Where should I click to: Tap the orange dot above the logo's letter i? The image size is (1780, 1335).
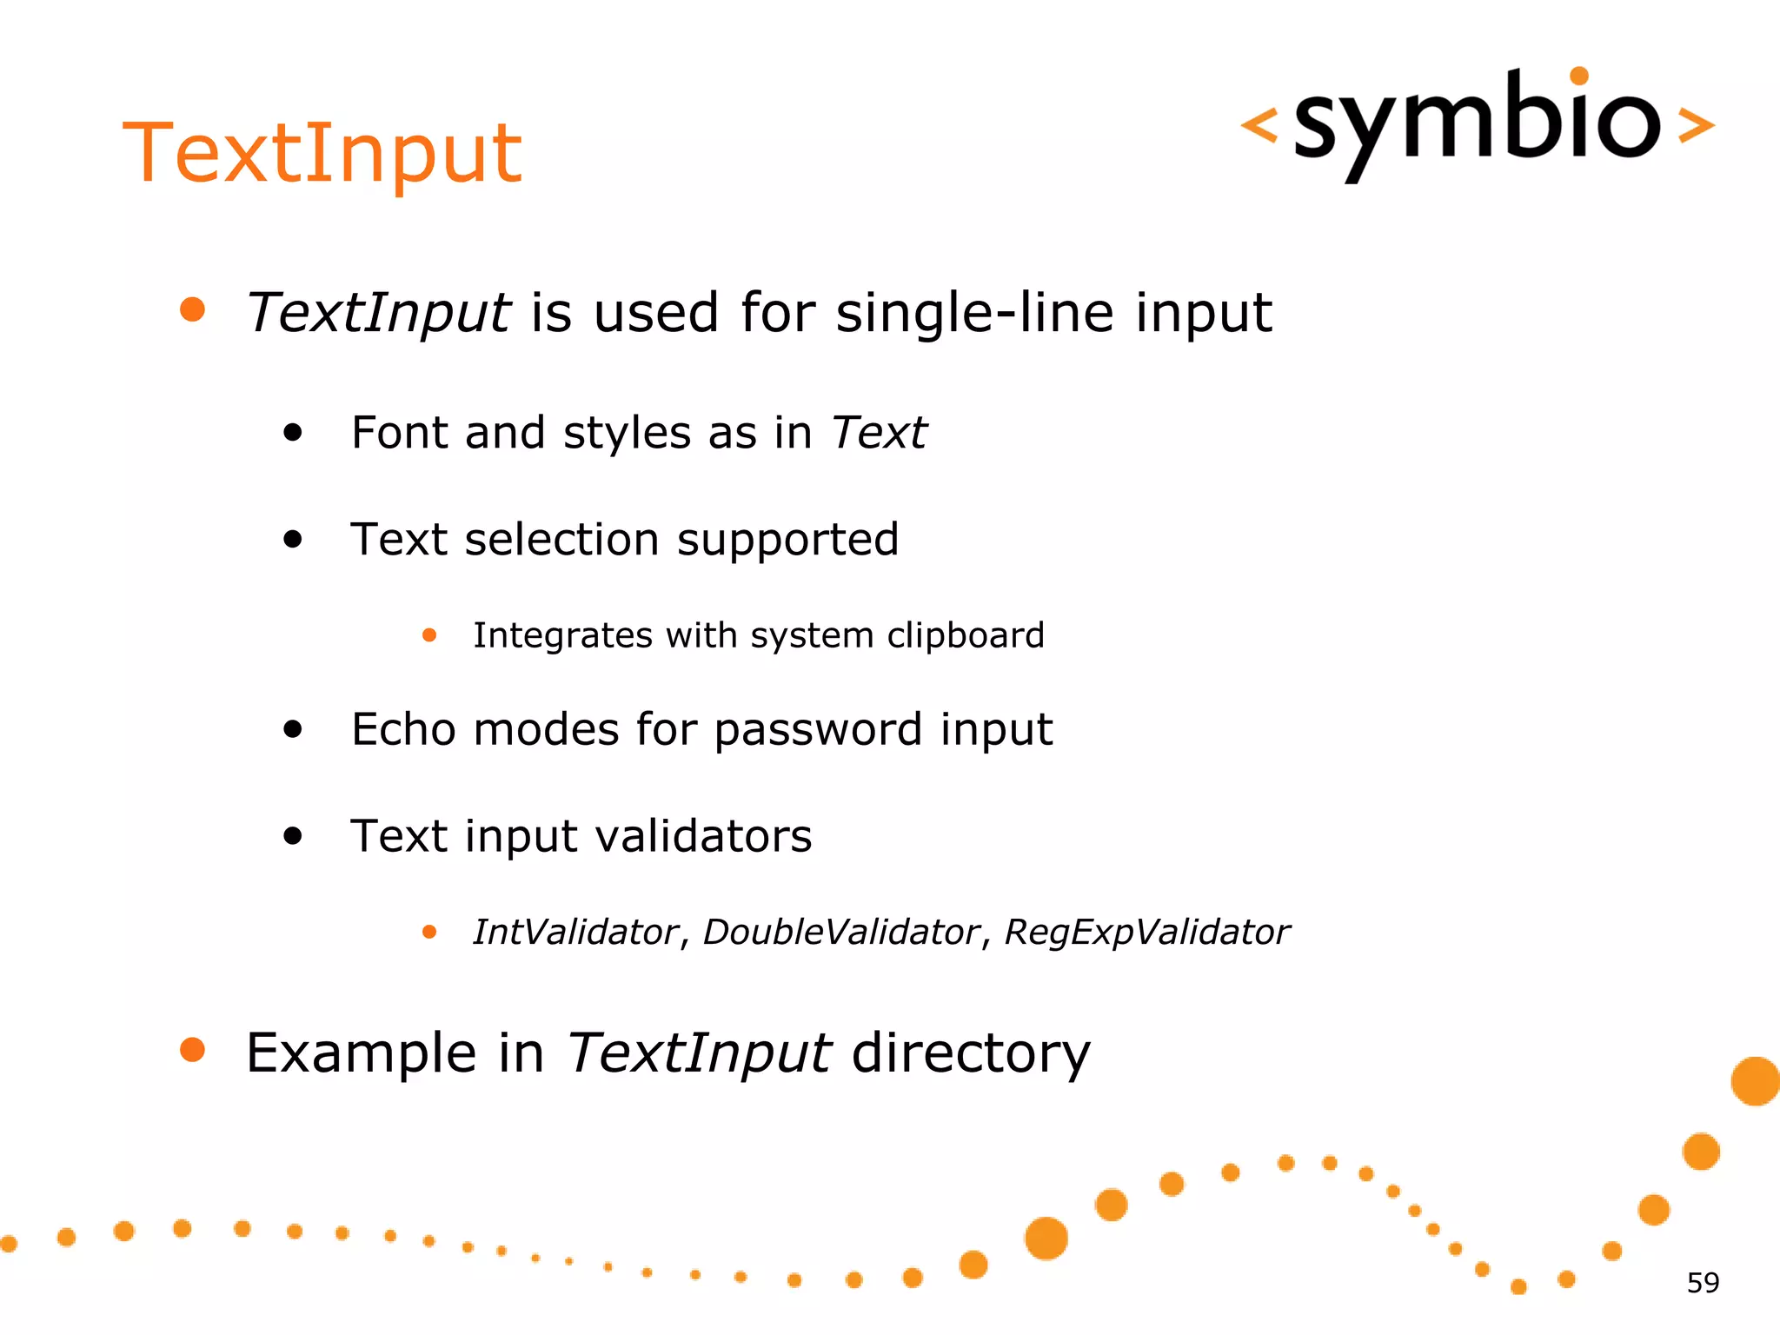pos(1579,76)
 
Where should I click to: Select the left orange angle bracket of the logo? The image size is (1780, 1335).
pos(1259,125)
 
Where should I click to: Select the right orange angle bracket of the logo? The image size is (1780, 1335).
pos(1695,125)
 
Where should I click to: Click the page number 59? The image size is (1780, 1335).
pos(1703,1283)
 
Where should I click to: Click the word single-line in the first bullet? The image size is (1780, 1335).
pos(974,313)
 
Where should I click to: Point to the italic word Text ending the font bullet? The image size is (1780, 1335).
pos(879,433)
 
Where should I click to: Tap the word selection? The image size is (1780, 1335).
pos(561,540)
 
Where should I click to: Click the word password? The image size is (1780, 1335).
pos(817,730)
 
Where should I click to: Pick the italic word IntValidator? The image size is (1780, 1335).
pos(575,933)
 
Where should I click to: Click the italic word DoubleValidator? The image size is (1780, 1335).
pos(840,933)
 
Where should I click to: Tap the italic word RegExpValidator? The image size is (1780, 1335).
pos(1146,933)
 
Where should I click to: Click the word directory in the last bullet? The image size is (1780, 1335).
pos(970,1053)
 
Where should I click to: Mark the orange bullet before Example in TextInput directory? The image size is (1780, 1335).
pos(192,1050)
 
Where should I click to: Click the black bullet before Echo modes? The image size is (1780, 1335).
pos(293,729)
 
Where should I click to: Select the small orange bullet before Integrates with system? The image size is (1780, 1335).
pos(429,635)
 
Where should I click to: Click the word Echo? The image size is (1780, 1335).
pos(402,729)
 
